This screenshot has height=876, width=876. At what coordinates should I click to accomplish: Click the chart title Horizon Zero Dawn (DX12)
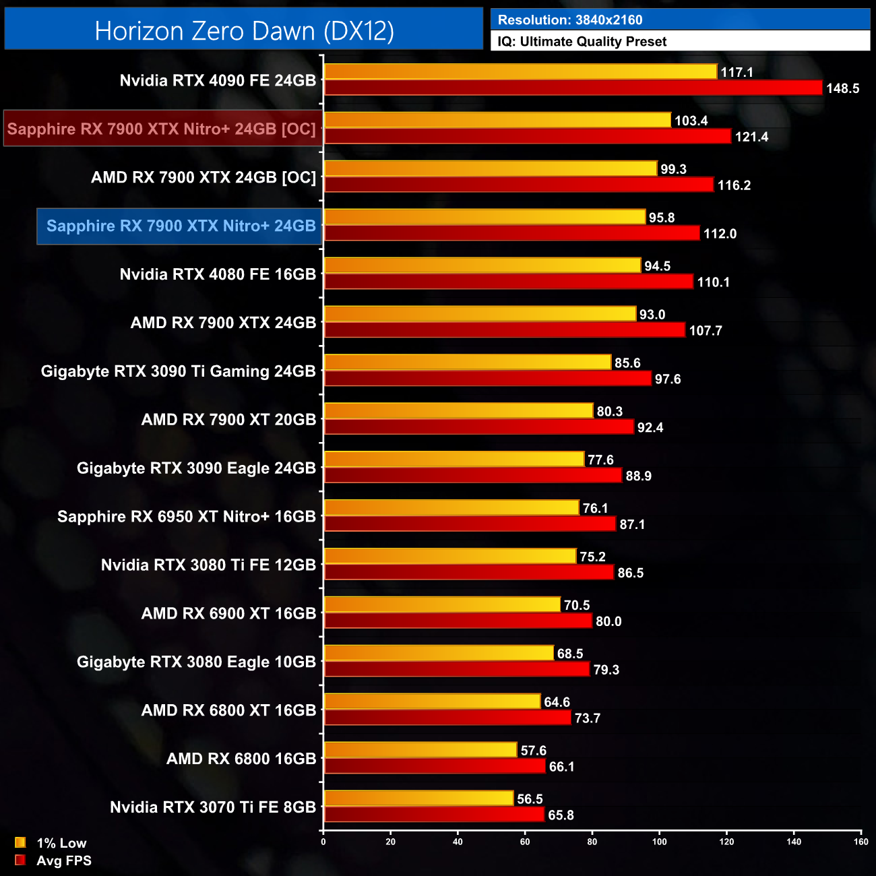(x=244, y=31)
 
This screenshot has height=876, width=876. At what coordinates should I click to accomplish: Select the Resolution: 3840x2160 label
(x=570, y=20)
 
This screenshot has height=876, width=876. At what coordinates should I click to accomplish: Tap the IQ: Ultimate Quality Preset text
(x=582, y=42)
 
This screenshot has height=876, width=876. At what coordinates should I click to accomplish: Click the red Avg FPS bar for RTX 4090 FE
(x=573, y=88)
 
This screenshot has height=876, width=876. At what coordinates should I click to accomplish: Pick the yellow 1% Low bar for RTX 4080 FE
(x=482, y=265)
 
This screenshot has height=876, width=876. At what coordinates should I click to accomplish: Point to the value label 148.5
(x=842, y=88)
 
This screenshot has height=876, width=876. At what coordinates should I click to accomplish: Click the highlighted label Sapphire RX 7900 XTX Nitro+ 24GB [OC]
(x=162, y=129)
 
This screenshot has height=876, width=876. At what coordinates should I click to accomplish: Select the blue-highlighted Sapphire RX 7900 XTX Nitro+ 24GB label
(x=181, y=226)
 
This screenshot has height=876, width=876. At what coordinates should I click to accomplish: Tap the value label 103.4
(x=691, y=121)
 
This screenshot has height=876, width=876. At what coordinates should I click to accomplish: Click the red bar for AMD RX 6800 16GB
(x=435, y=766)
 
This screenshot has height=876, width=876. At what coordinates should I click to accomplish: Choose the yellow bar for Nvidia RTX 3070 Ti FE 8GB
(x=418, y=799)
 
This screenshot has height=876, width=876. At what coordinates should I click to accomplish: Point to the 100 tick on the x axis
(x=660, y=842)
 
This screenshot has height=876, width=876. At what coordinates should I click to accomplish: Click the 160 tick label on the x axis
(x=861, y=842)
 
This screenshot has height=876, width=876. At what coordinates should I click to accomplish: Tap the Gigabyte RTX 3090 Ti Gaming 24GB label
(x=179, y=371)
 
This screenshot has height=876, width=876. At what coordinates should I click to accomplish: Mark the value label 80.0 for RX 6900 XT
(x=608, y=621)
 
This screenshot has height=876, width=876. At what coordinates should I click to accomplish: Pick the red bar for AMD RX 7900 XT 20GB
(x=479, y=427)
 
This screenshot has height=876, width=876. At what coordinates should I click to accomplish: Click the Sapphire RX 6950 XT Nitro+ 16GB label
(x=187, y=517)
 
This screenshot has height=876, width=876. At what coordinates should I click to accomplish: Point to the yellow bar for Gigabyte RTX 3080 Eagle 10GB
(x=439, y=653)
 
